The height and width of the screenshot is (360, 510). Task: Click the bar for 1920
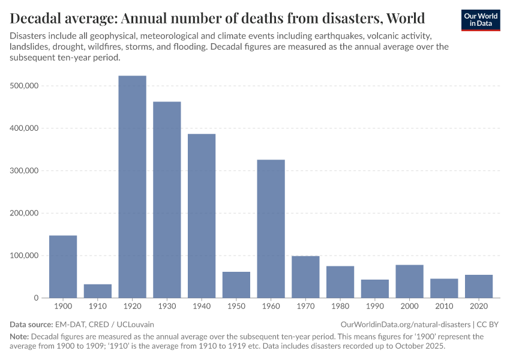pyautogui.click(x=132, y=187)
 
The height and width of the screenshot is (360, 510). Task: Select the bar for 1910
pyautogui.click(x=97, y=291)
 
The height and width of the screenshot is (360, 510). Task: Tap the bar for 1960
pyautogui.click(x=271, y=229)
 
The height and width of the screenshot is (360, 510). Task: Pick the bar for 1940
pyautogui.click(x=202, y=216)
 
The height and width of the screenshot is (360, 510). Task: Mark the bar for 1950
pyautogui.click(x=236, y=285)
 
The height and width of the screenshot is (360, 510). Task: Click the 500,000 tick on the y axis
pyautogui.click(x=25, y=86)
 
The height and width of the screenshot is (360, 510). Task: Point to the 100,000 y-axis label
pyautogui.click(x=25, y=256)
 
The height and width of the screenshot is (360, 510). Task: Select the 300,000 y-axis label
pyautogui.click(x=25, y=170)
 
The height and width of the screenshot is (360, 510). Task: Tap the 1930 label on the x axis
pyautogui.click(x=167, y=306)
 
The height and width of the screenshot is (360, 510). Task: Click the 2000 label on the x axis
pyautogui.click(x=410, y=306)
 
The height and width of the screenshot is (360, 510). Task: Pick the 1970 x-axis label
pyautogui.click(x=305, y=306)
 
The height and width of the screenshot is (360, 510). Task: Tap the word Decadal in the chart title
pyautogui.click(x=38, y=17)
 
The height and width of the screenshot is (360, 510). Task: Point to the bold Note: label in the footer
pyautogui.click(x=19, y=337)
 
